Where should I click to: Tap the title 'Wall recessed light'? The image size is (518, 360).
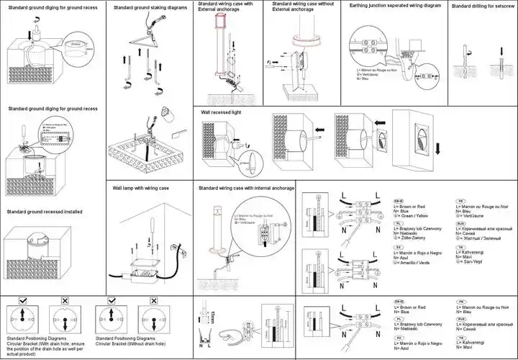[221, 113]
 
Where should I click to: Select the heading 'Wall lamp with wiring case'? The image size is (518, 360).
[140, 188]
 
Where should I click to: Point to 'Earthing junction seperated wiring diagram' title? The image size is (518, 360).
[395, 5]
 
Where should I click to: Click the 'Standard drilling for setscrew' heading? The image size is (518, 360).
[482, 6]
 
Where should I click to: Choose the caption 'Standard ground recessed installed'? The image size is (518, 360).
[45, 212]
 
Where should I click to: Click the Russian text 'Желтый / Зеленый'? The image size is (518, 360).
[483, 238]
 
